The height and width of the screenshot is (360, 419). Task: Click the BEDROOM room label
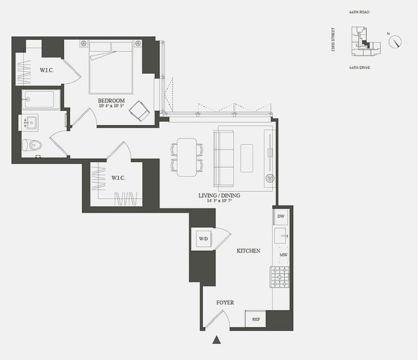(x=111, y=101)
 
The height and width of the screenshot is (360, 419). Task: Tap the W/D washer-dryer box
(x=202, y=239)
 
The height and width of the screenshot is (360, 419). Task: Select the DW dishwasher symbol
(x=281, y=216)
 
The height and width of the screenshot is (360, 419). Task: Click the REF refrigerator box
(x=256, y=319)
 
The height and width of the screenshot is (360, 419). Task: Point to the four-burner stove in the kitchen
(x=280, y=277)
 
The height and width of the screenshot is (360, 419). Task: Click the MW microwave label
(x=283, y=255)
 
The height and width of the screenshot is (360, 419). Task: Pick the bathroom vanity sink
(x=31, y=122)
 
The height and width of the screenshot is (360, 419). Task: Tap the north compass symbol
(x=395, y=42)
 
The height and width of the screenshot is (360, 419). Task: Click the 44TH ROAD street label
(x=360, y=12)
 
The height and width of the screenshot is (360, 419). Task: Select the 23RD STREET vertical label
(x=333, y=39)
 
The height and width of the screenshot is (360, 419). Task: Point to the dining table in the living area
(x=187, y=157)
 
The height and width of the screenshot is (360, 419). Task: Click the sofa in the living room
(x=223, y=157)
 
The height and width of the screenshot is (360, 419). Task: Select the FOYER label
(x=225, y=302)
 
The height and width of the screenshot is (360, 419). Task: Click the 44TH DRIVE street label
(x=360, y=67)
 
